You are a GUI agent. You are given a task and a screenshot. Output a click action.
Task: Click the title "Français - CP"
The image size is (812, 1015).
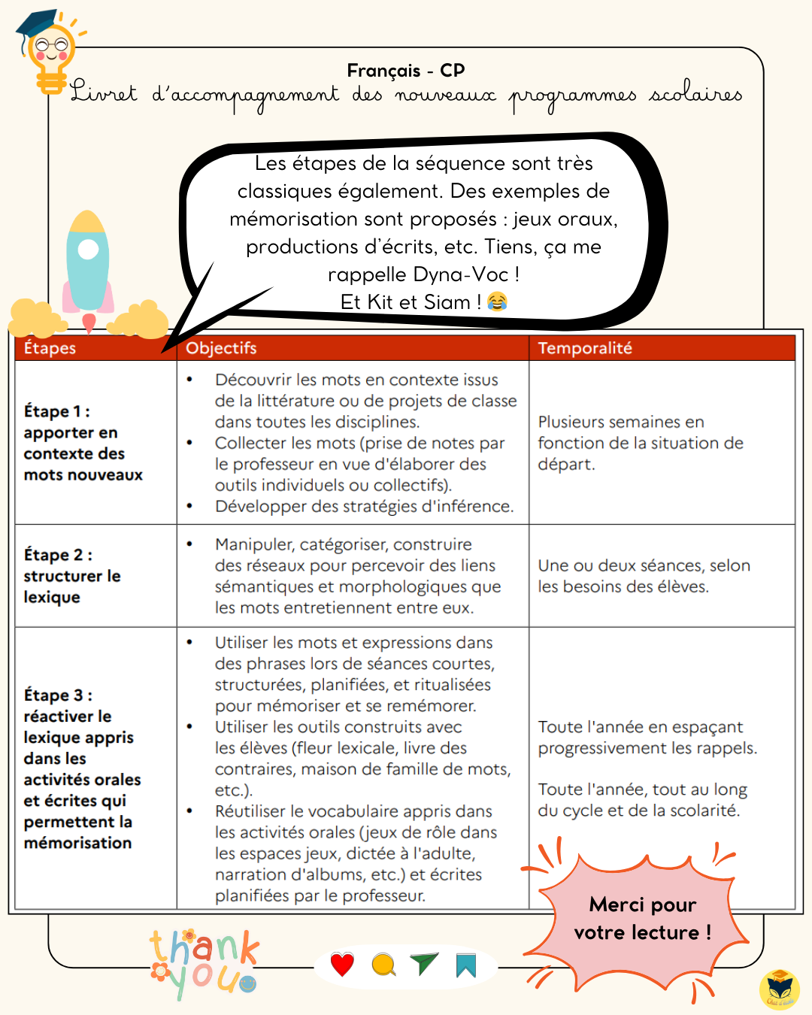pyautogui.click(x=406, y=71)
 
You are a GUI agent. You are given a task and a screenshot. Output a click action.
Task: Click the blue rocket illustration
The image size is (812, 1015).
pyautogui.click(x=88, y=263)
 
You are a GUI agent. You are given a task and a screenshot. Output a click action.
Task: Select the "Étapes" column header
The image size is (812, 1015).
pyautogui.click(x=50, y=348)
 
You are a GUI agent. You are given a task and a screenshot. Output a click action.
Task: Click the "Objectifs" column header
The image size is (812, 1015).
pyautogui.click(x=221, y=348)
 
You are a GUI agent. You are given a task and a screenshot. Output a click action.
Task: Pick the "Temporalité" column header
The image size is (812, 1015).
pyautogui.click(x=585, y=348)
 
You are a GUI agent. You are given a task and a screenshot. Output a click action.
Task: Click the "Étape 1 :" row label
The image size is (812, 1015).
pyautogui.click(x=57, y=411)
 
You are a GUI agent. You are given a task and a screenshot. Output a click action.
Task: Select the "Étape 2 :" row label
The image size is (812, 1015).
pyautogui.click(x=58, y=555)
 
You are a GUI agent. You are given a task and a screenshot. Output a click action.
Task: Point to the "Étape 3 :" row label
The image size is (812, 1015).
pyautogui.click(x=58, y=695)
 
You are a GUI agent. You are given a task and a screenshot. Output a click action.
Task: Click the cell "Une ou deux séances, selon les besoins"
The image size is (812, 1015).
pyautogui.click(x=644, y=576)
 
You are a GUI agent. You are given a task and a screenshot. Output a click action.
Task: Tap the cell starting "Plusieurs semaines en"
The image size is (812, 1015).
pyautogui.click(x=640, y=443)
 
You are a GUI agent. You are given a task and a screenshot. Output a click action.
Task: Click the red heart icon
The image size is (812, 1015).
pyautogui.click(x=342, y=965)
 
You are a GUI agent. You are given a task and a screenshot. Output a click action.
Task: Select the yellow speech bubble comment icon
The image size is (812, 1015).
pyautogui.click(x=383, y=965)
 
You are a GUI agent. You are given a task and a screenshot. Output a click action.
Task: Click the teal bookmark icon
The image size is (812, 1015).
pyautogui.click(x=466, y=965)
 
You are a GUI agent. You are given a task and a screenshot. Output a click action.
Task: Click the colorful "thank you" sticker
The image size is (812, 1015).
pyautogui.click(x=204, y=963)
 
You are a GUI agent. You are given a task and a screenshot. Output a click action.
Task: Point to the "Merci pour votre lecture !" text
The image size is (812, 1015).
pyautogui.click(x=642, y=919)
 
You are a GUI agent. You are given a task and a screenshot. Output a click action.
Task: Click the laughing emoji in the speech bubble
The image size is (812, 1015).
pyautogui.click(x=497, y=302)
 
